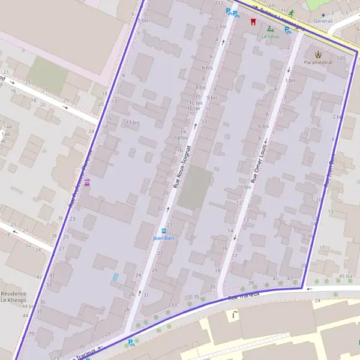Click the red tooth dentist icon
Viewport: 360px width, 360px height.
click(253, 22)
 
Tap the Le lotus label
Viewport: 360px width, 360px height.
click(271, 36)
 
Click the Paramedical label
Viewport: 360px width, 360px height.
click(318, 62)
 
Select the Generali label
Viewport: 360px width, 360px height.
click(323, 21)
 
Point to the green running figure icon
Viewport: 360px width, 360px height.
click(291, 13)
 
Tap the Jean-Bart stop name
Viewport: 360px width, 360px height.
click(163, 238)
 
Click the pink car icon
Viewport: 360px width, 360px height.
click(88, 182)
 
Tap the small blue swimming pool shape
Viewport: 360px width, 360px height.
click(115, 277)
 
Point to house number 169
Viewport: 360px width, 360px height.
click(270, 6)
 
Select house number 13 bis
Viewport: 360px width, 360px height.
click(132, 122)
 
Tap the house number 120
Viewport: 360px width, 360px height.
click(341, 58)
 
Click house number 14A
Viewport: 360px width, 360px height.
click(7, 127)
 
